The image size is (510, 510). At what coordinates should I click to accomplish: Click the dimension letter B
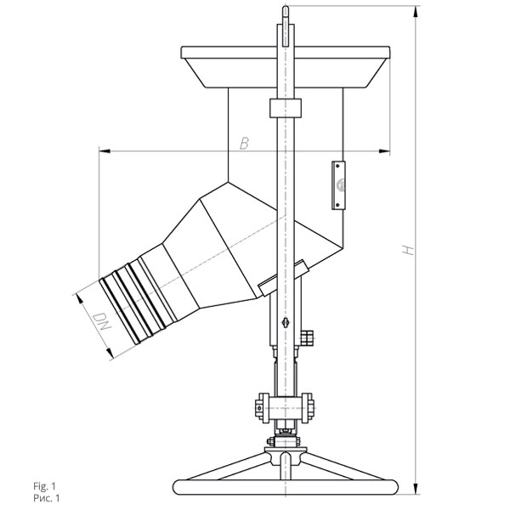point(244,144)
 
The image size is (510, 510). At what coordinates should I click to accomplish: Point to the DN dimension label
point(101,322)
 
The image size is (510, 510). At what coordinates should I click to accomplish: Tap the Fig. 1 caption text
point(44,486)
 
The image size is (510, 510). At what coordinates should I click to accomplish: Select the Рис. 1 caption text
point(47,497)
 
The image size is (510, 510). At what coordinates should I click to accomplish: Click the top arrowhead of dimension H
point(416,12)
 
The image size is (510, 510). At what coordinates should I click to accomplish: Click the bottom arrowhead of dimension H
point(416,489)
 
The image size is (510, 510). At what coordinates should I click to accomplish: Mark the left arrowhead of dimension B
point(105,151)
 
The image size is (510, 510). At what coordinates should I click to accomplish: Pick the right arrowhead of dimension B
point(384,151)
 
